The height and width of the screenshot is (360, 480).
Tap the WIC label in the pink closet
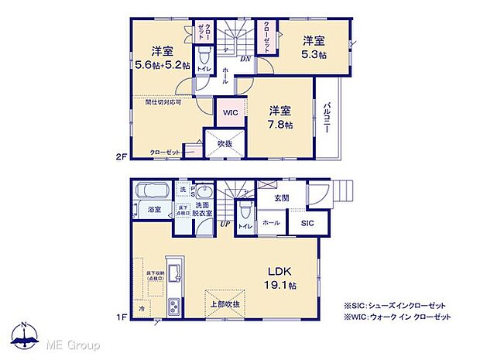click(x=231, y=112)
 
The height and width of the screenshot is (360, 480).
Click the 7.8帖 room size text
click(x=281, y=124)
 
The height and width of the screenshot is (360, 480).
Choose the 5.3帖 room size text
click(x=314, y=55)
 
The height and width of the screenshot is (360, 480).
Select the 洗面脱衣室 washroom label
click(x=203, y=209)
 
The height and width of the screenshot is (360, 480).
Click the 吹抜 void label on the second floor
click(x=225, y=144)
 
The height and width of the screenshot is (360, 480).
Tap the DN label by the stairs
click(x=244, y=59)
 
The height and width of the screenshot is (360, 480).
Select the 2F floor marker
click(x=122, y=155)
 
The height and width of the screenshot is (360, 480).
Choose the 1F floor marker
click(x=122, y=317)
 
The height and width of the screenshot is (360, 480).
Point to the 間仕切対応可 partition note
click(x=163, y=101)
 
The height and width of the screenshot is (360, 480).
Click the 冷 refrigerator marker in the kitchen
click(x=142, y=307)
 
